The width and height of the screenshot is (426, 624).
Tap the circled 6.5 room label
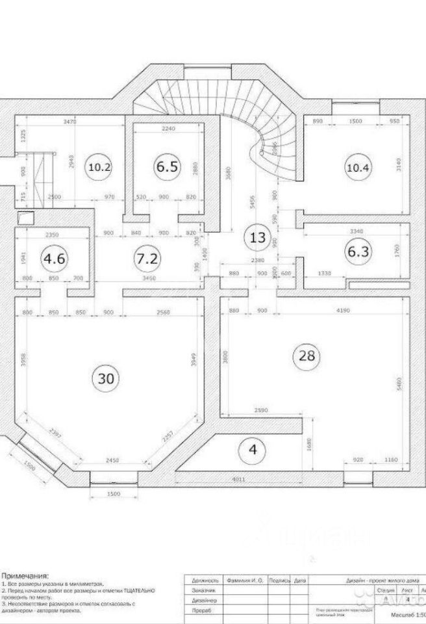pos(166,167)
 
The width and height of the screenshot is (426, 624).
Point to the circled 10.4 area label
pos(358,167)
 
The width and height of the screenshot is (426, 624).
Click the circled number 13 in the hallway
pos(258,237)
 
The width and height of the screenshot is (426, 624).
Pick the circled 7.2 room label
pos(147,258)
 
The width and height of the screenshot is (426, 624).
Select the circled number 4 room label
pos(253,448)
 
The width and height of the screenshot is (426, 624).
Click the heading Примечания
pos(25,575)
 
